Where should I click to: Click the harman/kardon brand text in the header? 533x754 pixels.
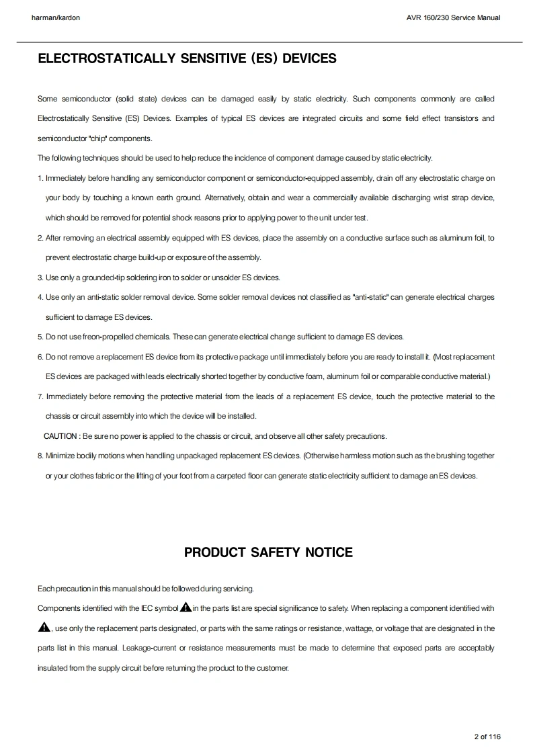click(56, 17)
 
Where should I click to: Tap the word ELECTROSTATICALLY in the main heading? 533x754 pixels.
click(108, 58)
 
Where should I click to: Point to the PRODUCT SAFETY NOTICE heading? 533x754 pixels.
click(268, 552)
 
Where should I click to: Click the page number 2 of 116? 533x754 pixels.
click(487, 737)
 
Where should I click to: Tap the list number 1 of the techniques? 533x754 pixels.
click(40, 178)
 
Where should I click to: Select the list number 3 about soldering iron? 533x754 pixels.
click(40, 278)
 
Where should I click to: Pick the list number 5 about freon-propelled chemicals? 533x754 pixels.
click(40, 337)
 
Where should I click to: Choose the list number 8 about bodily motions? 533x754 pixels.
click(40, 456)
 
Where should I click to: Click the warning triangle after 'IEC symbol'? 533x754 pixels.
click(186, 608)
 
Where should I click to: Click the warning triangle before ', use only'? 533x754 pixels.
click(44, 628)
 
